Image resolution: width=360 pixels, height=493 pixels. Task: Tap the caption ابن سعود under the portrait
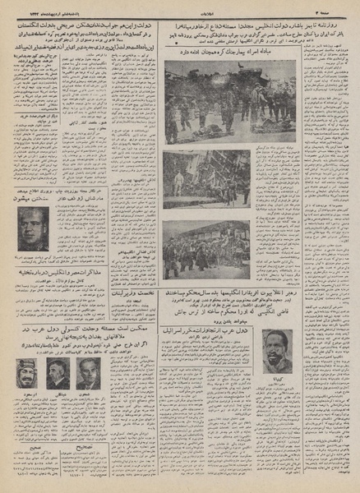[x=32, y=393]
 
